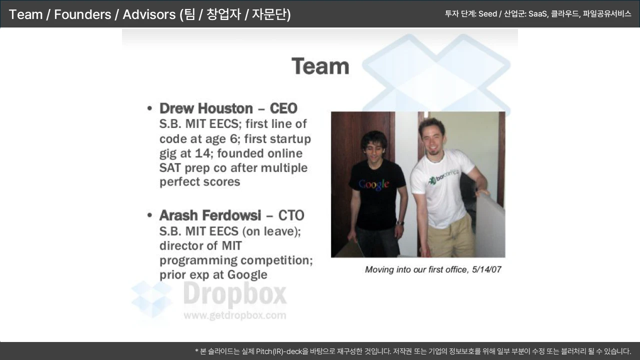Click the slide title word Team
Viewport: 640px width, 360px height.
(320, 66)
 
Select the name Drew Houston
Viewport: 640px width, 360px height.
(206, 108)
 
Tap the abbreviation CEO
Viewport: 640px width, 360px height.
(283, 108)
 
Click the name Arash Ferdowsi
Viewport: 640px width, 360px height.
(210, 215)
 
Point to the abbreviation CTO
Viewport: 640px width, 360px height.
(291, 215)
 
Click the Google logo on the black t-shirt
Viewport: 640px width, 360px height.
(373, 184)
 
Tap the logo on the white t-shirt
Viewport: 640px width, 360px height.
(443, 176)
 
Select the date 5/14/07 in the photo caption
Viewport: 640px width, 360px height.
(486, 269)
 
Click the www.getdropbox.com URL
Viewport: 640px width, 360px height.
(235, 315)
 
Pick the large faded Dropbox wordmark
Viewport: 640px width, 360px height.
(235, 294)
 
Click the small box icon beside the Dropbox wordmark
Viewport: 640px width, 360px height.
(151, 298)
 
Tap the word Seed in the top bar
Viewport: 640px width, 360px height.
(487, 13)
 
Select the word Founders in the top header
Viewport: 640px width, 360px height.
(82, 14)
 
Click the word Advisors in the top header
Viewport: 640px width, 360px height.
(149, 14)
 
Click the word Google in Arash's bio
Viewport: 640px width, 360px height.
(247, 275)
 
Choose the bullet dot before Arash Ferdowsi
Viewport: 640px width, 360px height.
(149, 215)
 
